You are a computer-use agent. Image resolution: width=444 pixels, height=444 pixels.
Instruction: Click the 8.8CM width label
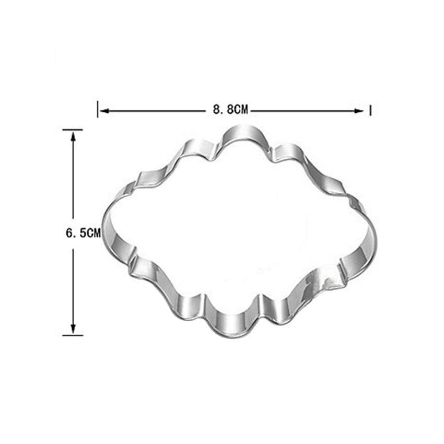(x=230, y=110)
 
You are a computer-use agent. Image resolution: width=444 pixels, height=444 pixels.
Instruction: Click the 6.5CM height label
(x=83, y=233)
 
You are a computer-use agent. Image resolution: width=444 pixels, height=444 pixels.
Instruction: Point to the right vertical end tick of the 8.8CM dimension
(x=370, y=110)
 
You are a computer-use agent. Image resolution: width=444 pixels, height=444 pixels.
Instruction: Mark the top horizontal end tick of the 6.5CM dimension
(x=73, y=130)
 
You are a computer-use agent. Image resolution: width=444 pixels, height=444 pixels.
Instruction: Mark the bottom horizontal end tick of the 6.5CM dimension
(x=73, y=335)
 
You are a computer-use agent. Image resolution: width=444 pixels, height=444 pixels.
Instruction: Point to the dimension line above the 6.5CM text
(x=73, y=178)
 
